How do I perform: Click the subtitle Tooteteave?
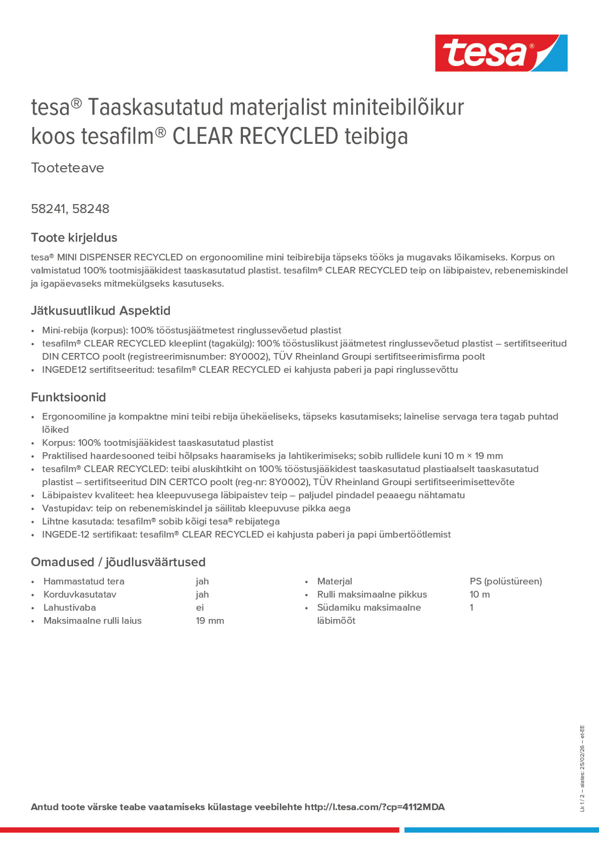68,168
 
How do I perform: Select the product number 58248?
91,209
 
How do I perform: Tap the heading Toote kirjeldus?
74,237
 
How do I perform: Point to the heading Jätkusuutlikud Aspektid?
100,310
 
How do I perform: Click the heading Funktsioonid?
68,397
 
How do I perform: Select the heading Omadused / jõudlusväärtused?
118,562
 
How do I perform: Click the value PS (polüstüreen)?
506,581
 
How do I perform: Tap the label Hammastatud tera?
84,581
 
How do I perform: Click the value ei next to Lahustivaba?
200,608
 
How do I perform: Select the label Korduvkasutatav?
80,594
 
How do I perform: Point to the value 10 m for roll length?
479,594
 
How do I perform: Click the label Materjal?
334,581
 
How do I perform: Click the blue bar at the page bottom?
501,830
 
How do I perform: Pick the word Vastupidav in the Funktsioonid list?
67,508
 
